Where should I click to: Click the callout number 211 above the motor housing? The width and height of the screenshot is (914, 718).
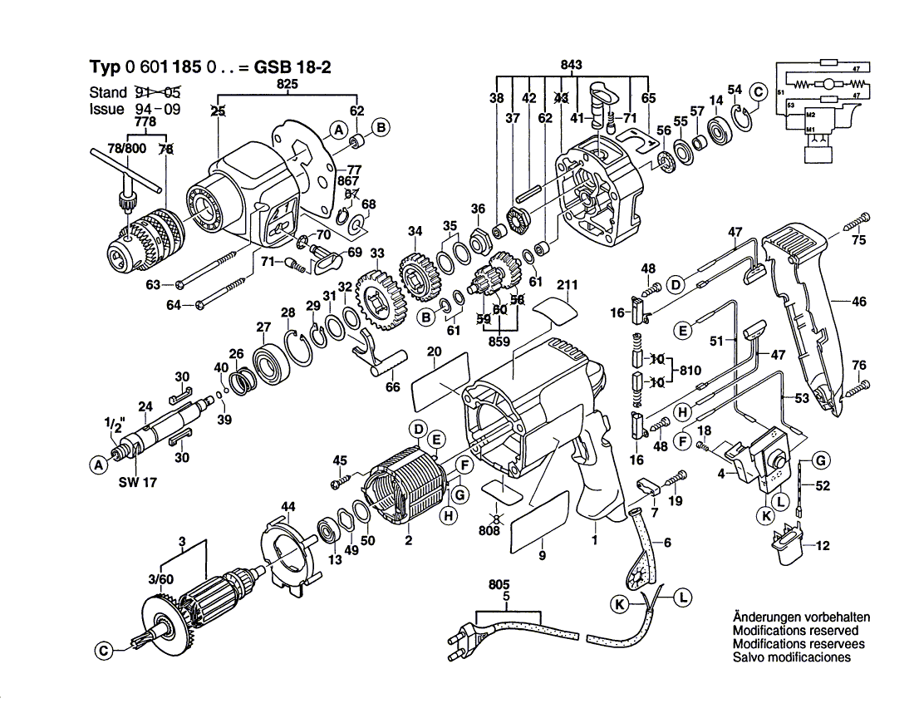coord(567,287)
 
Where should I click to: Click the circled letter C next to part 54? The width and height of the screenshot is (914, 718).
coord(757,92)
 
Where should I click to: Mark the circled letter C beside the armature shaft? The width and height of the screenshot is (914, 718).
coord(102,652)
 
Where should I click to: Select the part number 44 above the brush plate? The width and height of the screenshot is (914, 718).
coord(287,506)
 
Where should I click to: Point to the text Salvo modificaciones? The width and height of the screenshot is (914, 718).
coord(792,657)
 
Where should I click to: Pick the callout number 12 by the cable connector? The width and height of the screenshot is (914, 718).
coord(823,546)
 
